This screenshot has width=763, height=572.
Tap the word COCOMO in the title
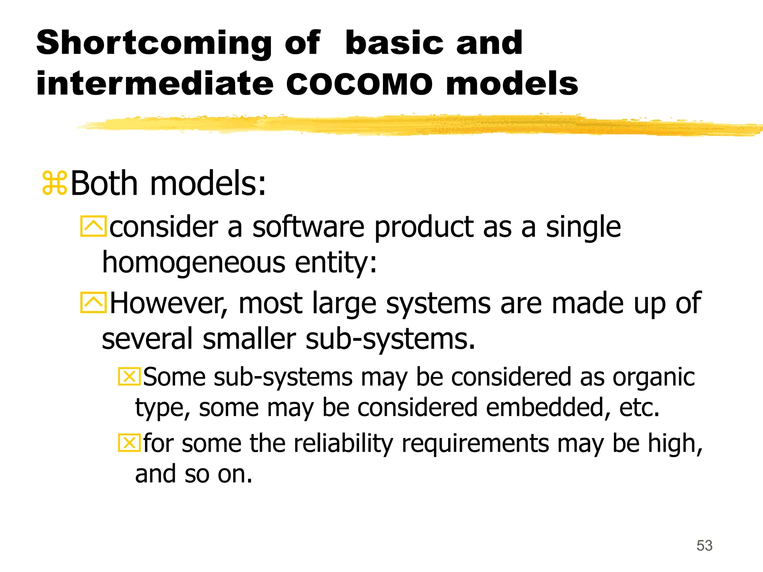(x=359, y=84)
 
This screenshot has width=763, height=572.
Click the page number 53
(x=704, y=546)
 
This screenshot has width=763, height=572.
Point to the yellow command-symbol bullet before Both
(x=54, y=183)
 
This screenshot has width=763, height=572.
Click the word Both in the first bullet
(x=104, y=183)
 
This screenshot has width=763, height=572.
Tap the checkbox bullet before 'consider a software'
(x=93, y=226)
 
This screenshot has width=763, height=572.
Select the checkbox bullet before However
(x=93, y=302)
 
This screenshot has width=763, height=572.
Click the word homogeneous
(x=194, y=263)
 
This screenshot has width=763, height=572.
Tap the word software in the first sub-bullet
(x=308, y=227)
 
